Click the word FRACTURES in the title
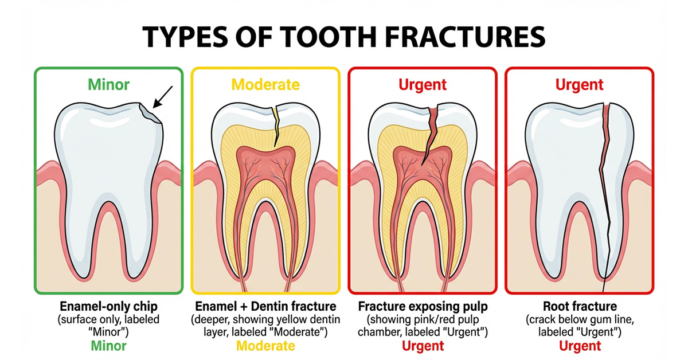click(464, 37)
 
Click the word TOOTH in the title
click(328, 37)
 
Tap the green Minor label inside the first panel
click(108, 84)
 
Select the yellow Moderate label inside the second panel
click(265, 84)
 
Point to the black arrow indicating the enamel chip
click(162, 97)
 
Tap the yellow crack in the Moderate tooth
click(276, 126)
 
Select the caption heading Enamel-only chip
click(108, 306)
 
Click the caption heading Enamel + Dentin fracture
click(265, 306)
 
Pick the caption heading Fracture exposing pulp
click(423, 306)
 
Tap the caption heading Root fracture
click(580, 306)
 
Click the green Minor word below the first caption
click(108, 346)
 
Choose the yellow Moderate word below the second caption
click(265, 346)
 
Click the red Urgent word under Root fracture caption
click(580, 346)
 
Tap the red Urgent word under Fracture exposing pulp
click(423, 346)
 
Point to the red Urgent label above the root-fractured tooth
click(579, 84)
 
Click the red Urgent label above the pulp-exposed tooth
click(423, 84)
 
